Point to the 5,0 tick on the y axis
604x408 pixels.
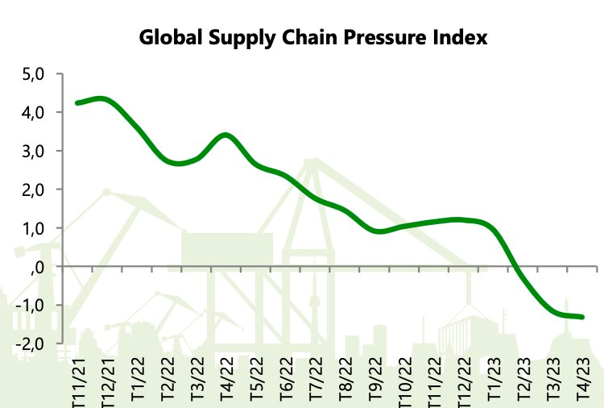coord(34,74)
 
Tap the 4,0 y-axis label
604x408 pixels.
coord(34,113)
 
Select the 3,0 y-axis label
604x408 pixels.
coord(34,152)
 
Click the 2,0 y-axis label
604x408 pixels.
coord(34,190)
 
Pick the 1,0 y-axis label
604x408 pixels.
coord(34,229)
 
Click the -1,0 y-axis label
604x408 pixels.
coord(31,306)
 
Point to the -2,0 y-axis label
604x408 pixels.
coord(31,344)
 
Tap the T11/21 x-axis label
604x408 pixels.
coord(79,382)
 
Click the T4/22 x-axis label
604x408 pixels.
coord(226,378)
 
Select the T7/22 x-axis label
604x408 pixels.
coord(315,378)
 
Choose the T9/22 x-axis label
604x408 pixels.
coord(374,378)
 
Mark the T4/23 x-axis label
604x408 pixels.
coord(582,378)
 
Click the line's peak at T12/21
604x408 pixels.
coord(101,99)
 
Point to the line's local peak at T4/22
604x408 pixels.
coord(226,135)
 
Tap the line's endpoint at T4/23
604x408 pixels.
coord(582,317)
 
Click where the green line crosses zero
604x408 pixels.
coord(517,266)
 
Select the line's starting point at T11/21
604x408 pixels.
coord(78,103)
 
